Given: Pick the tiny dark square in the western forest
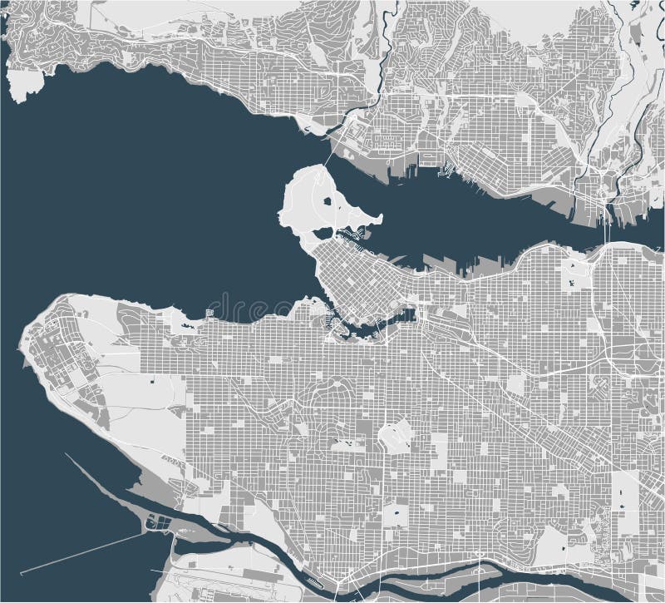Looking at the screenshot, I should (x=154, y=380).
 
